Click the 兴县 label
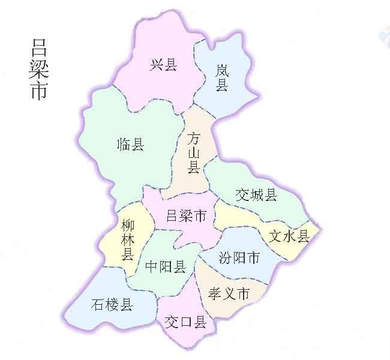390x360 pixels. click(163, 64)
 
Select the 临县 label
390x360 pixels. click(131, 144)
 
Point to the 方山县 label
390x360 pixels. click(193, 153)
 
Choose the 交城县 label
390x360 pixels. click(256, 194)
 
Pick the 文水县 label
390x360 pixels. click(289, 236)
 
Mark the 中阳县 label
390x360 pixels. click(165, 267)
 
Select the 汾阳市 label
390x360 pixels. click(239, 258)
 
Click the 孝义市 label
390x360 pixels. click(229, 293)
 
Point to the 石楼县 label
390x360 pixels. click(112, 304)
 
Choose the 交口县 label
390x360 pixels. click(185, 323)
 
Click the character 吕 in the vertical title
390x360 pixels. click(39, 48)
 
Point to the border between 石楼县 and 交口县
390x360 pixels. click(157, 312)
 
